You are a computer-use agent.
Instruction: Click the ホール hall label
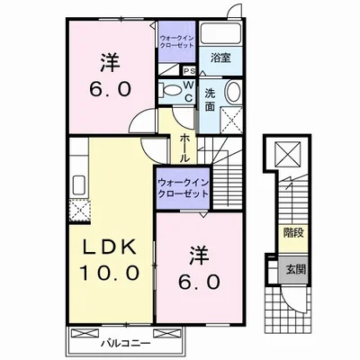[x=184, y=146]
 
